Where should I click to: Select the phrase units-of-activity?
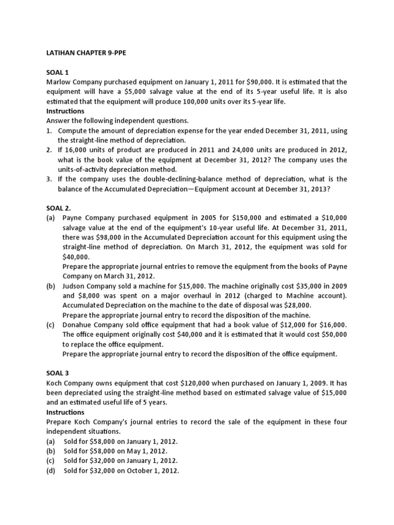point(88,169)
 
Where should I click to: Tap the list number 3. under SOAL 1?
point(49,179)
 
